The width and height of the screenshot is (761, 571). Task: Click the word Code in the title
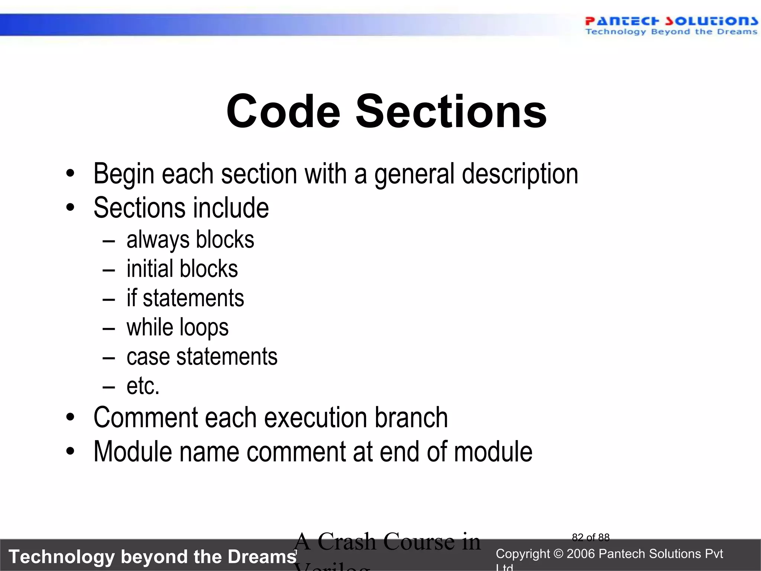(283, 111)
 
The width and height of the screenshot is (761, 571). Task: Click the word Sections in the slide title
(451, 111)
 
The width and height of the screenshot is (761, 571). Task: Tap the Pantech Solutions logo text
(671, 21)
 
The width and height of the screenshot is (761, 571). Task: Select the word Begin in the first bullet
(124, 174)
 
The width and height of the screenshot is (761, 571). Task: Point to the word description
(520, 174)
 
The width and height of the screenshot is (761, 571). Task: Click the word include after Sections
(230, 208)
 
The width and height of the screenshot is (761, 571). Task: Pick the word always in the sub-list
(158, 240)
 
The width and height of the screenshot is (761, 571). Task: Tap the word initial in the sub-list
(150, 269)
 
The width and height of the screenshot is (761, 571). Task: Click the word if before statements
(132, 298)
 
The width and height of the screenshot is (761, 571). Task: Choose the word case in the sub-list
(148, 357)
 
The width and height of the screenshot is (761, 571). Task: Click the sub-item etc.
(143, 386)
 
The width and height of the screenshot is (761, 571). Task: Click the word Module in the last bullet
(133, 452)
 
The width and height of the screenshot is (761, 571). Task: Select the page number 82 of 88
(590, 538)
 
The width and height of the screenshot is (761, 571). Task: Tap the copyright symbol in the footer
(558, 554)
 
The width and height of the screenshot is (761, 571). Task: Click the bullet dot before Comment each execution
(70, 417)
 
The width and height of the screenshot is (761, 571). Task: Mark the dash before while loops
(109, 329)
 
